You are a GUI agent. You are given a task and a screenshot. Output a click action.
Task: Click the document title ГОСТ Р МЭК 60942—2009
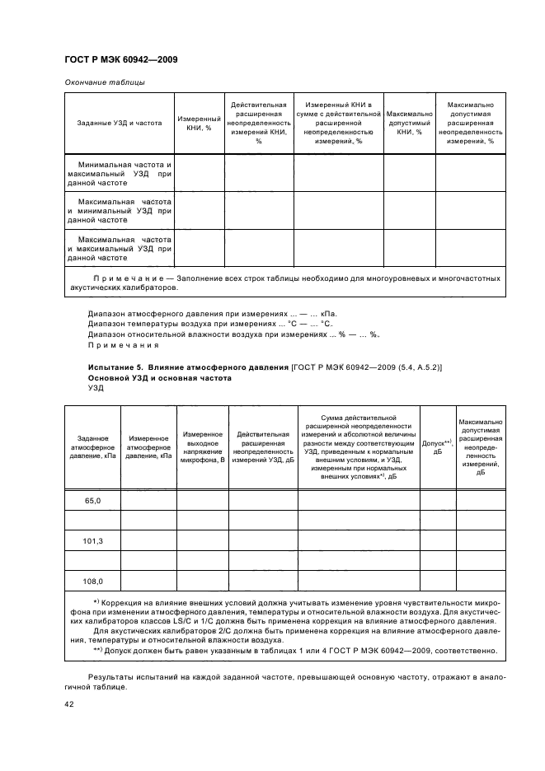[x=121, y=60]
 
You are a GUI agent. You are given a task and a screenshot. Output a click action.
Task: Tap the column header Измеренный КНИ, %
[x=199, y=124]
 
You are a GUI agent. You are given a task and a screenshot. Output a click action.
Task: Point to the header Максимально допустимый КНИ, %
[x=409, y=123]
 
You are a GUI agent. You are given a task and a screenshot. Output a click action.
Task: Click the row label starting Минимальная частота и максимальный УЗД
[x=120, y=175]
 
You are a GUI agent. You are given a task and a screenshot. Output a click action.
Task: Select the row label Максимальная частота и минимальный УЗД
[x=120, y=210]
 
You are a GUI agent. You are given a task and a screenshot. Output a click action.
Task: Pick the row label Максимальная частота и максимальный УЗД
[x=120, y=248]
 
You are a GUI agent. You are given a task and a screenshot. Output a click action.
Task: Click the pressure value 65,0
[x=93, y=499]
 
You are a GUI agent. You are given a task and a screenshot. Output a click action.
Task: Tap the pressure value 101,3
[x=93, y=540]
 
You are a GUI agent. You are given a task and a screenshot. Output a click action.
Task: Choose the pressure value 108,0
[x=93, y=581]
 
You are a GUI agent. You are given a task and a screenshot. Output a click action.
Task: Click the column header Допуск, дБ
[x=437, y=447]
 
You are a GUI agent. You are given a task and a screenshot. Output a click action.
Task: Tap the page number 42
[x=69, y=704]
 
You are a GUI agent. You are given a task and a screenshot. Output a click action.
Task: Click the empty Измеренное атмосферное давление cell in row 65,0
[x=148, y=499]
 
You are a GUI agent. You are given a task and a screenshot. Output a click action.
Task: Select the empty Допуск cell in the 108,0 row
[x=437, y=581]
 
